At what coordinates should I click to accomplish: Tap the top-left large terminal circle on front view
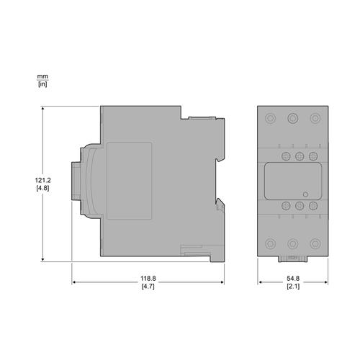[x=270, y=118]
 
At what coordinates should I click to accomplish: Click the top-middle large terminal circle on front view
[x=292, y=118]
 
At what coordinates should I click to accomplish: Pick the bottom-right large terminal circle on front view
[x=315, y=243]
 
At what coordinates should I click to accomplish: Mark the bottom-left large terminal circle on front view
[x=270, y=243]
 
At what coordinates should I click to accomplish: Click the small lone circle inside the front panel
[x=305, y=194]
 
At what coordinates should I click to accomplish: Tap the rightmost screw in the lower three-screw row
[x=313, y=206]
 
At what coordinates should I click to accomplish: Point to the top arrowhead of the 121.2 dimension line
[x=43, y=109]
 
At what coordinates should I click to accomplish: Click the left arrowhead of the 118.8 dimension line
[x=74, y=282]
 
